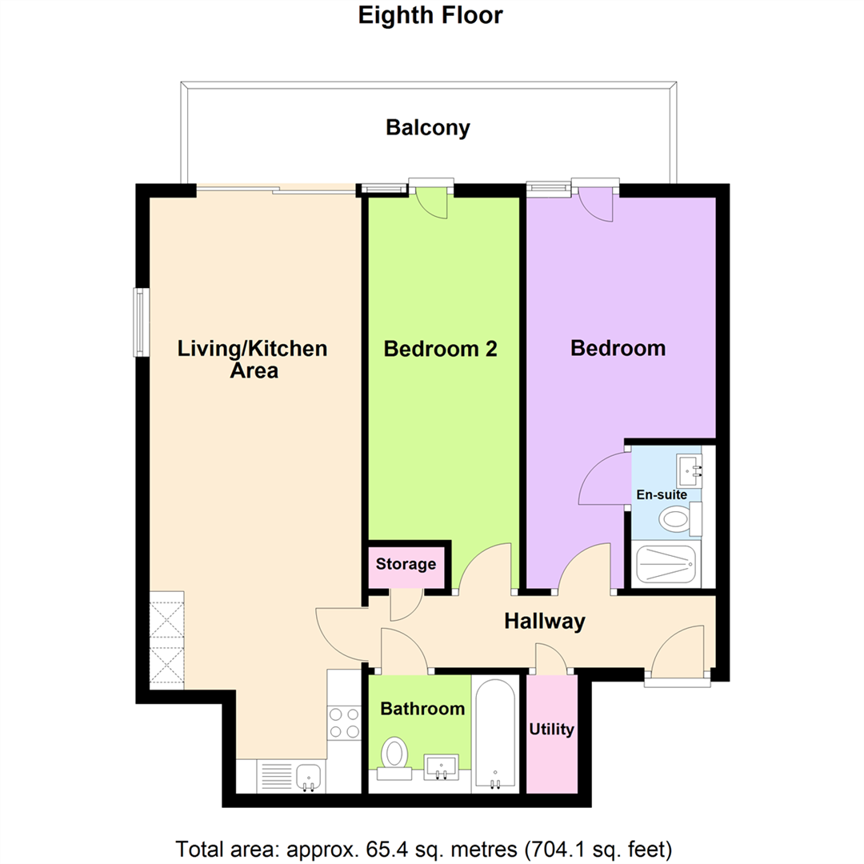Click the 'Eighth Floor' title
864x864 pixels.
tap(430, 15)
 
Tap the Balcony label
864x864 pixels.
tap(428, 128)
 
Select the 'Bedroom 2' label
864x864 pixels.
tap(440, 349)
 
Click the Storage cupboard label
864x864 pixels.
tap(406, 564)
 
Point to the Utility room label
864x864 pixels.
tap(551, 730)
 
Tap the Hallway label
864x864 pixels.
tap(545, 622)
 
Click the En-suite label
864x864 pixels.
tap(662, 494)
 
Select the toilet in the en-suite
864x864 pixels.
tap(680, 519)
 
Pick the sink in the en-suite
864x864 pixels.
tap(690, 471)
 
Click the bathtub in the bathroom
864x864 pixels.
tap(495, 734)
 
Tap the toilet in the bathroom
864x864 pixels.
tap(394, 758)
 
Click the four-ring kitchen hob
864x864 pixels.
tap(344, 723)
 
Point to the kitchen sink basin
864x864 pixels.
tap(309, 777)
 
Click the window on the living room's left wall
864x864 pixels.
tap(142, 322)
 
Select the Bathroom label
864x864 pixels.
tap(422, 709)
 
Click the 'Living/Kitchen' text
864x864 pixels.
tap(252, 349)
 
